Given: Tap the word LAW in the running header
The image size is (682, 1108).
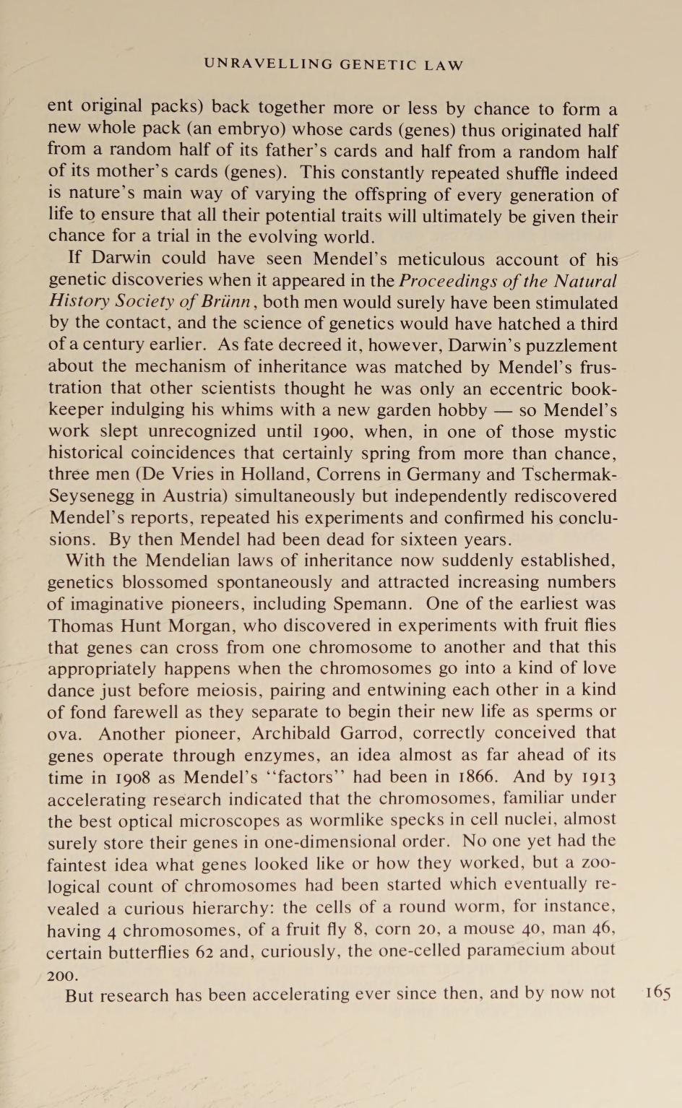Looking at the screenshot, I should [444, 65].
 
